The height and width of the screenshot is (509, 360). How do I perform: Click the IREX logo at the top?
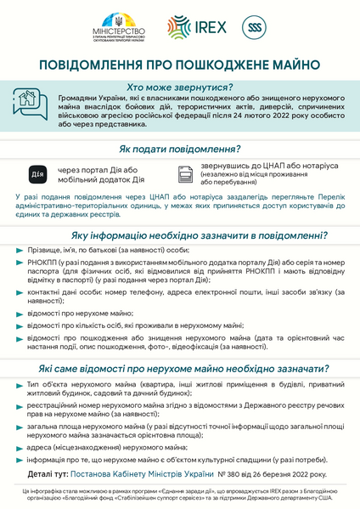coord(197,26)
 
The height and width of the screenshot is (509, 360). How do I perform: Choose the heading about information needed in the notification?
coord(200,234)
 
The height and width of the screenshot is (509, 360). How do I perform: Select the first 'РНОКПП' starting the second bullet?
coord(45,262)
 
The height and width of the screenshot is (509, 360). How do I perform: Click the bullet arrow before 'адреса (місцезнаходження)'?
coord(20,447)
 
